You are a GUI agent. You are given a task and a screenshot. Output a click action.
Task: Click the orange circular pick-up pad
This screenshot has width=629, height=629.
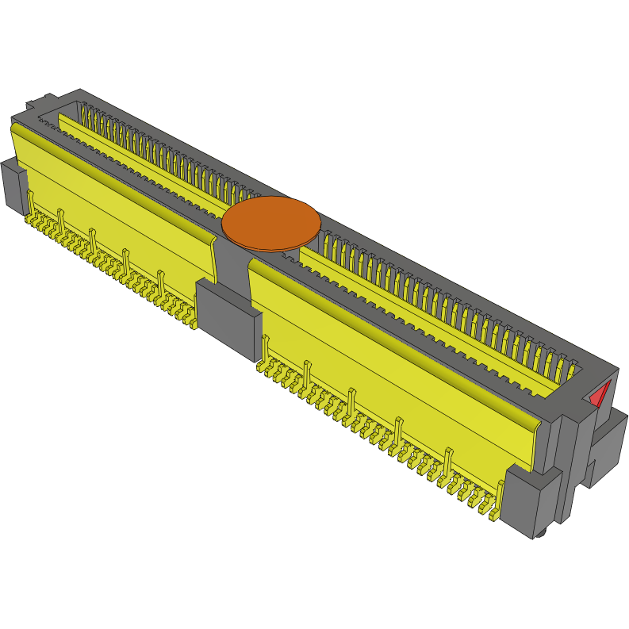coord(270,223)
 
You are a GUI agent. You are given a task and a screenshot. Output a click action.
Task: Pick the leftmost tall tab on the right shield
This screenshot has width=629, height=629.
coord(265,347)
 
